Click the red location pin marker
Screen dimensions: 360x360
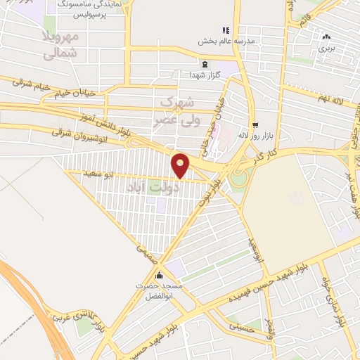[x=181, y=165]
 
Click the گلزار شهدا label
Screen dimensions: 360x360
[x=210, y=74]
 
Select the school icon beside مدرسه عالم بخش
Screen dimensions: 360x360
[x=226, y=30]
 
